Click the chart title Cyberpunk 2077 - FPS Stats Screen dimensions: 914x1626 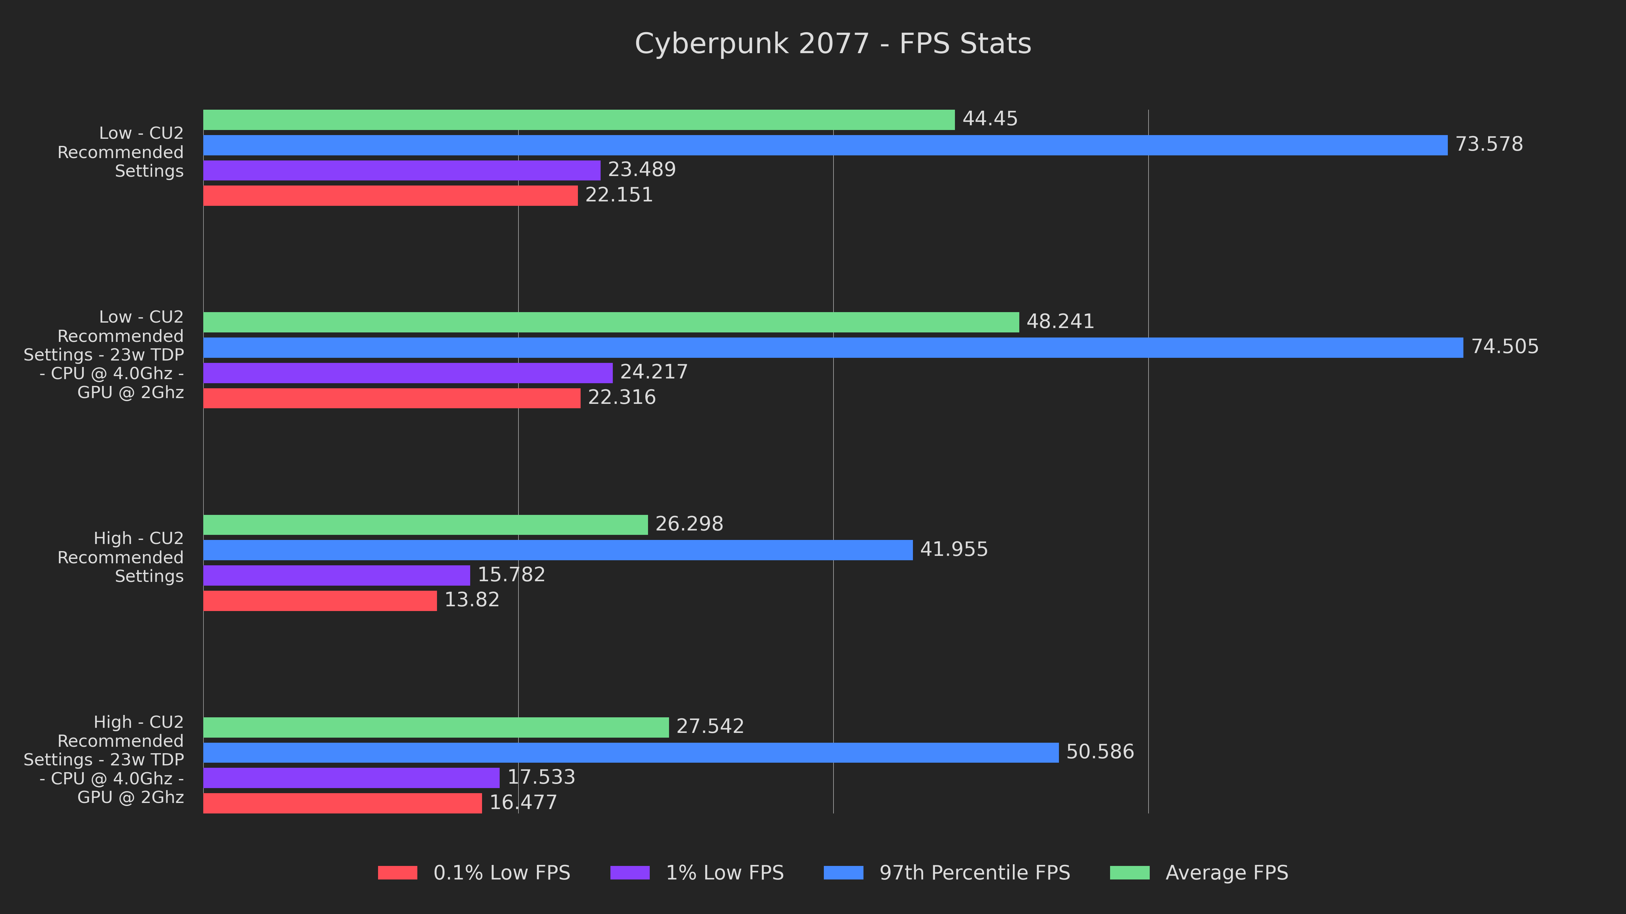coord(833,44)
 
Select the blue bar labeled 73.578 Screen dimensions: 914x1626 coord(825,145)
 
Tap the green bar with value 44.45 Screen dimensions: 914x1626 coord(579,120)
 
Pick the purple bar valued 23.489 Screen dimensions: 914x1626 coord(401,170)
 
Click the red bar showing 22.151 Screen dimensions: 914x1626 coord(390,196)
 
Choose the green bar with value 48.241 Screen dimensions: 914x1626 coord(611,322)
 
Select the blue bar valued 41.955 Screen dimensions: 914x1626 coord(558,550)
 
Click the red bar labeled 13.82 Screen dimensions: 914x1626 coord(320,601)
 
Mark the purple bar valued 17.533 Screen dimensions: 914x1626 coord(351,778)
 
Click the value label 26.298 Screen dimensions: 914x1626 coord(689,524)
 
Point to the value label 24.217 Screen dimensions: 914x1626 coord(654,372)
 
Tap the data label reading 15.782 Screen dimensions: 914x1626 coord(511,575)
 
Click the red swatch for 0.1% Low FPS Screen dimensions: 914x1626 coord(398,873)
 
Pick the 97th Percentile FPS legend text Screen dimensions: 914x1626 coord(975,873)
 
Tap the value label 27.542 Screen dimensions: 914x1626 coord(710,727)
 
